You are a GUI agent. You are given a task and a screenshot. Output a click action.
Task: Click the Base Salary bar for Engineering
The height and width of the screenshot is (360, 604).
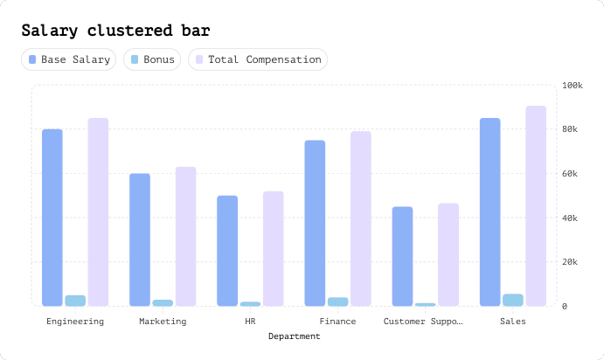(52, 218)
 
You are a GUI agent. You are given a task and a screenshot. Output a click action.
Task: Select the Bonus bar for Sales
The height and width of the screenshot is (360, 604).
(513, 300)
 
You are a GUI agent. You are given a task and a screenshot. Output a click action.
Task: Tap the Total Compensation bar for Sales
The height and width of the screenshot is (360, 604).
(536, 206)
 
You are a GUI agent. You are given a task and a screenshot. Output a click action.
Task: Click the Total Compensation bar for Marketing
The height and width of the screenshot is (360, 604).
(186, 236)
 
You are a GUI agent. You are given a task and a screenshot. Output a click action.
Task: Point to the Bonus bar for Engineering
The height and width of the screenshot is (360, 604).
(75, 301)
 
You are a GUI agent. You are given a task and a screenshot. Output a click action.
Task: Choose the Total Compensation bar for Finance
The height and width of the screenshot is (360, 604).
(361, 218)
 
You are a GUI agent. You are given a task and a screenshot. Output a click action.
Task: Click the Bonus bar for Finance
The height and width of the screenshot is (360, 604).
(338, 301)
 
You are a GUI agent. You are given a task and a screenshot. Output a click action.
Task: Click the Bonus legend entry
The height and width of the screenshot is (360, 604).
(152, 60)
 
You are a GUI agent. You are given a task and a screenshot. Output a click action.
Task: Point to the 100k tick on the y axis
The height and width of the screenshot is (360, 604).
(573, 86)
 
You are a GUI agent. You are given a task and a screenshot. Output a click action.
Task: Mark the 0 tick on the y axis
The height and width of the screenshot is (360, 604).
(566, 306)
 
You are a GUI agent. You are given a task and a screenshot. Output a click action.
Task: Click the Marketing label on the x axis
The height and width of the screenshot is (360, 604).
(163, 322)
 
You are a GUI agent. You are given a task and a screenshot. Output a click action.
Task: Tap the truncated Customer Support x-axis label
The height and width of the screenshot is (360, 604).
(425, 322)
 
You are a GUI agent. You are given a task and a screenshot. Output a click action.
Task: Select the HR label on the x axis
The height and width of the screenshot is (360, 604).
(250, 322)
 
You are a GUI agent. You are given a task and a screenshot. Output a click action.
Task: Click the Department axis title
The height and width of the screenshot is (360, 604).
(294, 336)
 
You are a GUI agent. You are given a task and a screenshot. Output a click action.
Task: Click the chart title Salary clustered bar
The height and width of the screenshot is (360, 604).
(115, 31)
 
